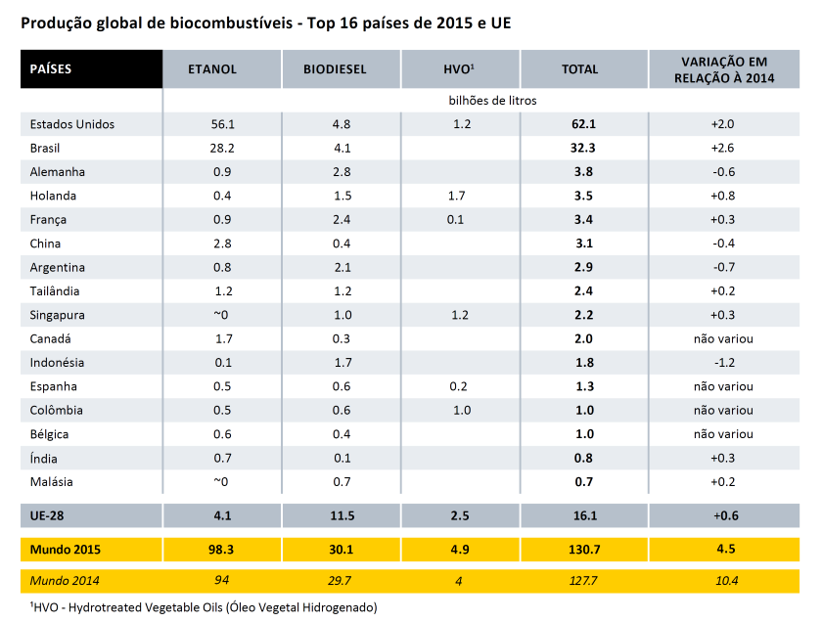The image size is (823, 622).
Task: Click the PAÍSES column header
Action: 50,69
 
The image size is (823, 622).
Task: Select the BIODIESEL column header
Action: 335,69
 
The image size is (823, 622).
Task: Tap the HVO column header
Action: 459,69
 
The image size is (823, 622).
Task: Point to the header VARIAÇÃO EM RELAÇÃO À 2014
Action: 724,69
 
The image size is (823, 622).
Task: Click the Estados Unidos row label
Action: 71,124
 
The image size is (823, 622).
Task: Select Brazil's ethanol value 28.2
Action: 222,148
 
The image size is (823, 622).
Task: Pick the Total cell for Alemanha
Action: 583,172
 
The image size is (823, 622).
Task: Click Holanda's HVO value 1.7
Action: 457,196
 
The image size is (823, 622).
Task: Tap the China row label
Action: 45,244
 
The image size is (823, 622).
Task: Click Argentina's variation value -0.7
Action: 724,267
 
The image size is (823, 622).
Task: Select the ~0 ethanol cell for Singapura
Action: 221,315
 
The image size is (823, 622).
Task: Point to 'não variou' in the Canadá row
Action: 723,338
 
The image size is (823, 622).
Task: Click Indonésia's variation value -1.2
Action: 724,363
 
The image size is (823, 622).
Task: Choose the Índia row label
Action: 44,459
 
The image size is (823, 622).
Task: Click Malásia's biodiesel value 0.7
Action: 342,481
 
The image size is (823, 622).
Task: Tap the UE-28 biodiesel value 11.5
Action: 343,515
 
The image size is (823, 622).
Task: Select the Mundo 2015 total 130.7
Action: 583,550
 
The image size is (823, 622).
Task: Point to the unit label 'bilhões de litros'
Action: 492,100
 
